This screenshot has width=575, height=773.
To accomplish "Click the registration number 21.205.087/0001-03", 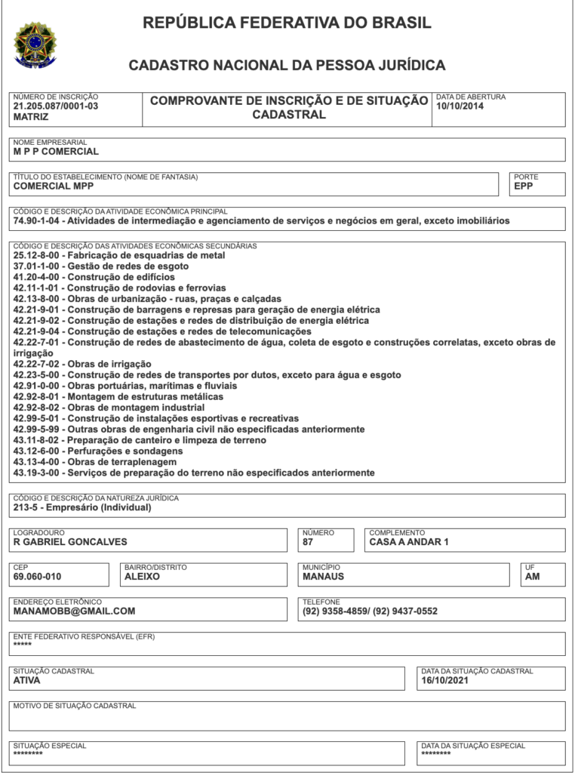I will pyautogui.click(x=56, y=106).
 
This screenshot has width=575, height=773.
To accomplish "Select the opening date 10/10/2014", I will pyautogui.click(x=460, y=106).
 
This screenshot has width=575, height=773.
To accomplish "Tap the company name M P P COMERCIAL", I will pyautogui.click(x=56, y=151).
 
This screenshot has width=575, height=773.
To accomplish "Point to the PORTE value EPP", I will pyautogui.click(x=524, y=186).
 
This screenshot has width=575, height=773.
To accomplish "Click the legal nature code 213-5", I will pyautogui.click(x=26, y=507).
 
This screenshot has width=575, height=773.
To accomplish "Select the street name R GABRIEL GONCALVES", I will pyautogui.click(x=70, y=541).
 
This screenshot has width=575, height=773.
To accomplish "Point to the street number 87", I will pyautogui.click(x=308, y=541).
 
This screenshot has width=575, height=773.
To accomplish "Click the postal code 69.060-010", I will pyautogui.click(x=38, y=577).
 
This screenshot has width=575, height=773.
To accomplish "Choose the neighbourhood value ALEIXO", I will pyautogui.click(x=143, y=577).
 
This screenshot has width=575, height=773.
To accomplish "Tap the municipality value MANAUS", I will pyautogui.click(x=323, y=577).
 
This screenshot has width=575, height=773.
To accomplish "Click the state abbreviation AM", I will pyautogui.click(x=533, y=577).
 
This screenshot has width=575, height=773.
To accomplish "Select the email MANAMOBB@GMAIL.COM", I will pyautogui.click(x=74, y=611).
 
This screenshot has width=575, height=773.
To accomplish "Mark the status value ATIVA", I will pyautogui.click(x=27, y=680).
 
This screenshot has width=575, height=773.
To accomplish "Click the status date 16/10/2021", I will pyautogui.click(x=445, y=680).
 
